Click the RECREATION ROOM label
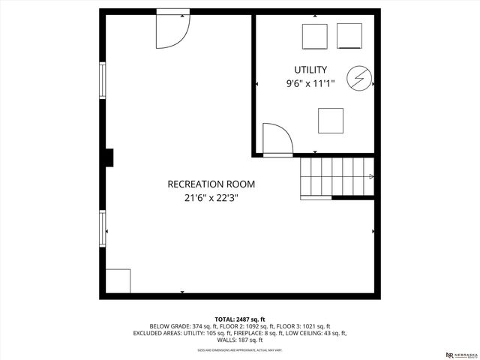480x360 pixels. pyautogui.click(x=211, y=184)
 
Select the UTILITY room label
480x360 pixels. pyautogui.click(x=310, y=70)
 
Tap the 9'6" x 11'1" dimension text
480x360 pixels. pyautogui.click(x=310, y=84)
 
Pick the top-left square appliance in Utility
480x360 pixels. pyautogui.click(x=314, y=36)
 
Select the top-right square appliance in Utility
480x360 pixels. pyautogui.click(x=349, y=36)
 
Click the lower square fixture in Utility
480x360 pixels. pyautogui.click(x=331, y=121)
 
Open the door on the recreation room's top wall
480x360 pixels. pyautogui.click(x=172, y=30)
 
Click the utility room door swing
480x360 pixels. pyautogui.click(x=276, y=139)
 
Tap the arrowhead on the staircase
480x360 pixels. pyautogui.click(x=371, y=177)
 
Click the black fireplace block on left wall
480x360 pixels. pyautogui.click(x=109, y=157)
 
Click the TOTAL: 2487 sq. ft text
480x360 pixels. pyautogui.click(x=240, y=319)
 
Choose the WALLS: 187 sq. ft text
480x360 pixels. pyautogui.click(x=240, y=340)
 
